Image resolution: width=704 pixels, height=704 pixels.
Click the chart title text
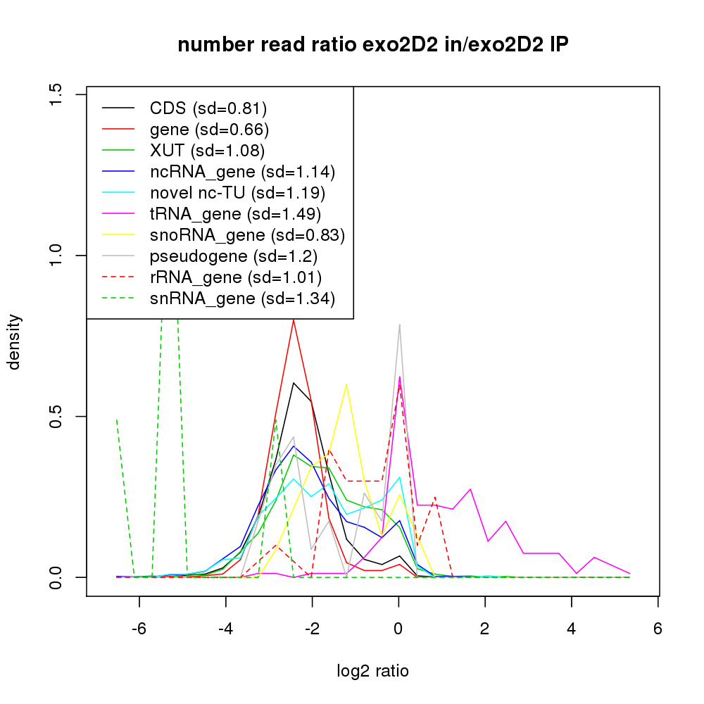372,45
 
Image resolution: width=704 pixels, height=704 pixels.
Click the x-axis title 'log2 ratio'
372,671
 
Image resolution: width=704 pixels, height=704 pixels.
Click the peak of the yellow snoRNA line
346,384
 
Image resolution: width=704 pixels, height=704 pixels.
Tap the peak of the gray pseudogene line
399,325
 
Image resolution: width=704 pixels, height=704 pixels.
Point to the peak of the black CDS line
294,382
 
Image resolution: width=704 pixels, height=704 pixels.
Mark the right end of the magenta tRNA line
629,574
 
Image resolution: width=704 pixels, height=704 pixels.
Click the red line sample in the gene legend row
118,130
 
